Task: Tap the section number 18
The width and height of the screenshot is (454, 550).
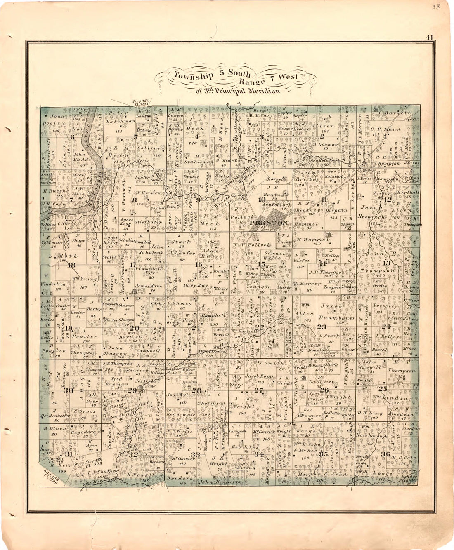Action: [71, 265]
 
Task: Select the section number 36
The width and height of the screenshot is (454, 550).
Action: [386, 454]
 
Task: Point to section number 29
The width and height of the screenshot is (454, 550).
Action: [132, 390]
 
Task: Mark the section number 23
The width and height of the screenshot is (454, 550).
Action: [322, 327]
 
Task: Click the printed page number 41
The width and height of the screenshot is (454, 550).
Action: [430, 37]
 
